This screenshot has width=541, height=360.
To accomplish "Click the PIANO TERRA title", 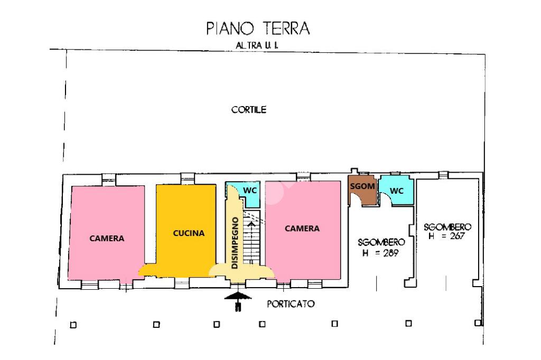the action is pyautogui.click(x=258, y=29).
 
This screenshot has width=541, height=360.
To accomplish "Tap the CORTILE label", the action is pyautogui.click(x=249, y=110).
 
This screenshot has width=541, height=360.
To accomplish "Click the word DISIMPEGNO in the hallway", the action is pyautogui.click(x=235, y=243).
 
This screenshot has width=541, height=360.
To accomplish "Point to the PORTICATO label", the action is pyautogui.click(x=291, y=304).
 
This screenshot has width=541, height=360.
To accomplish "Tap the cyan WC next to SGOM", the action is pyautogui.click(x=396, y=191).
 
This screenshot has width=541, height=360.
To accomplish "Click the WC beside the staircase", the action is pyautogui.click(x=250, y=191).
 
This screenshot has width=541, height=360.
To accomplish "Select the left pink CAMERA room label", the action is pyautogui.click(x=107, y=238).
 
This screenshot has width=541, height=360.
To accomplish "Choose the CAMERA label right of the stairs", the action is pyautogui.click(x=302, y=228).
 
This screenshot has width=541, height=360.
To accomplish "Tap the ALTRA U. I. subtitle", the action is pyautogui.click(x=257, y=45).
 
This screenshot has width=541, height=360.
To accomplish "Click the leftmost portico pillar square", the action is pyautogui.click(x=73, y=325).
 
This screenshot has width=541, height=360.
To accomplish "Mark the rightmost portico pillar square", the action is pyautogui.click(x=478, y=323).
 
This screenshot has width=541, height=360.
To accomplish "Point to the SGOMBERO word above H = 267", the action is pyautogui.click(x=447, y=227).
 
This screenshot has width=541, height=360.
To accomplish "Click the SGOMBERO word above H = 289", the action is pyautogui.click(x=381, y=242).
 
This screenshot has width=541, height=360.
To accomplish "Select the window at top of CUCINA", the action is pyautogui.click(x=188, y=178).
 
